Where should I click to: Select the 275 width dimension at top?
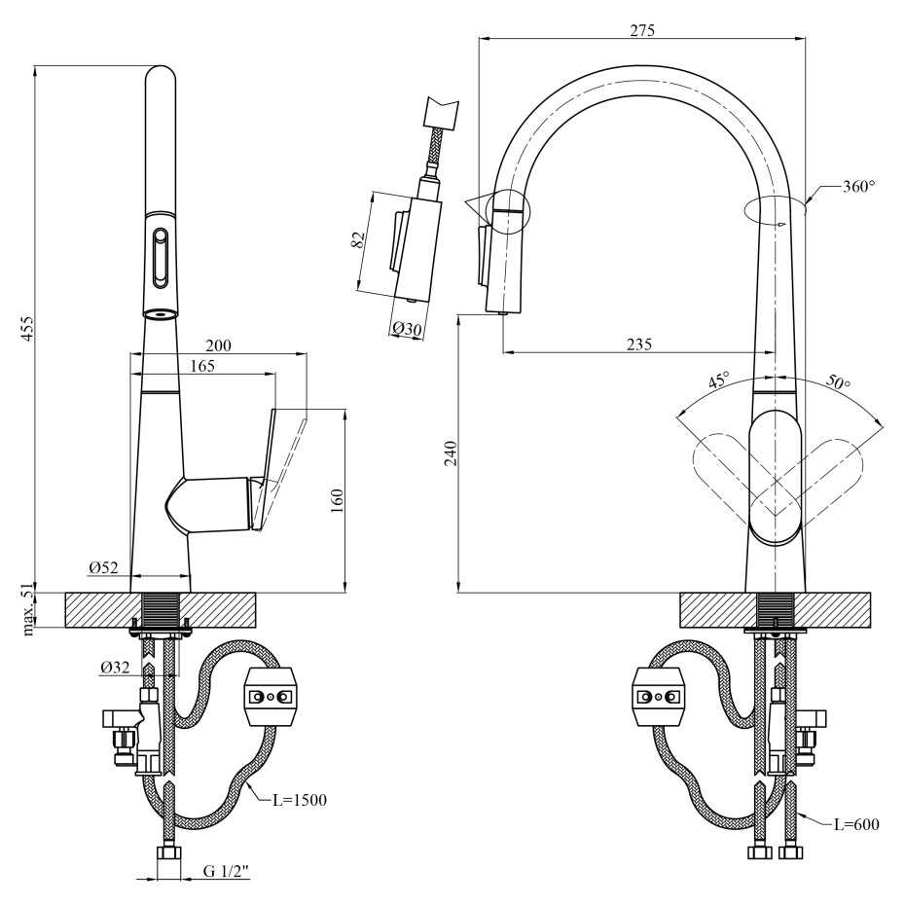[641, 29]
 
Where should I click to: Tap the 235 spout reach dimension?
[638, 344]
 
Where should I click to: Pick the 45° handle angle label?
[718, 380]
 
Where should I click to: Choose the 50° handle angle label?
[838, 381]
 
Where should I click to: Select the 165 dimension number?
[202, 366]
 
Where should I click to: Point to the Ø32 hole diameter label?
[114, 668]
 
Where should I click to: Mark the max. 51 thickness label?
[27, 609]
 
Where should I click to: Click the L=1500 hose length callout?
[299, 800]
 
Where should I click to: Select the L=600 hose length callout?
[855, 824]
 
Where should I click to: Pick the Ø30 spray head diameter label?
[408, 329]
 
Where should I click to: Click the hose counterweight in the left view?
[270, 697]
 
